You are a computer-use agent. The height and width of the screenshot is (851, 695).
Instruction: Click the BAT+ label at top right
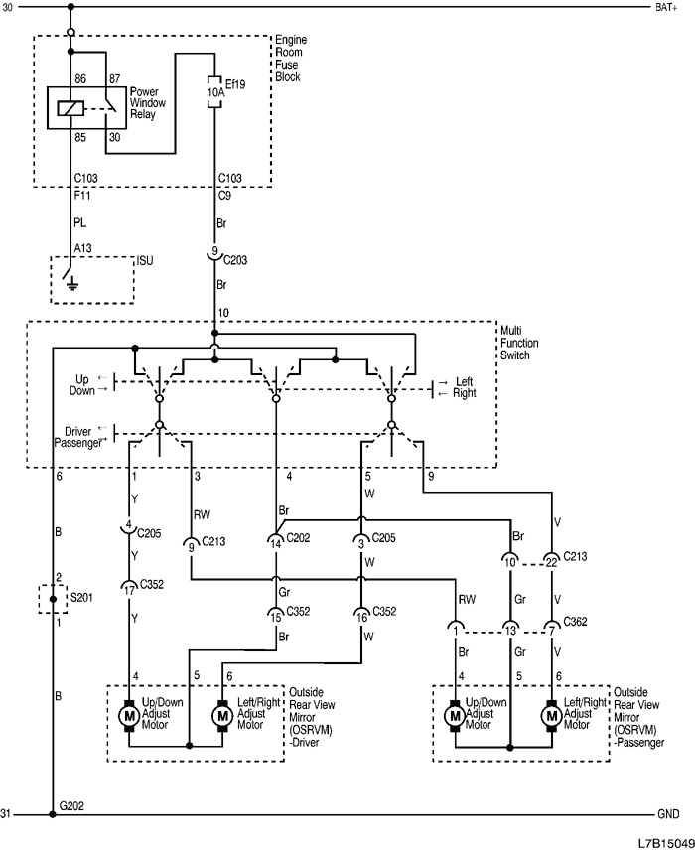(667, 8)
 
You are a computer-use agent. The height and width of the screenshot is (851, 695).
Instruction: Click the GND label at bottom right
(668, 814)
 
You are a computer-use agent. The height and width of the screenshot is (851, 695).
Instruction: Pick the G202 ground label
(72, 805)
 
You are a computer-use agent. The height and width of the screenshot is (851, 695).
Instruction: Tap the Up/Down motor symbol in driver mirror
(128, 715)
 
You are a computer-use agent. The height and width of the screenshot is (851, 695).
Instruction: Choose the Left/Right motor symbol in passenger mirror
(551, 715)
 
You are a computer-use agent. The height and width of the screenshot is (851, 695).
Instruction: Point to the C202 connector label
(298, 538)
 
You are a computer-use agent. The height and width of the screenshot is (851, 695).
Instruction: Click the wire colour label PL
(80, 223)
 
